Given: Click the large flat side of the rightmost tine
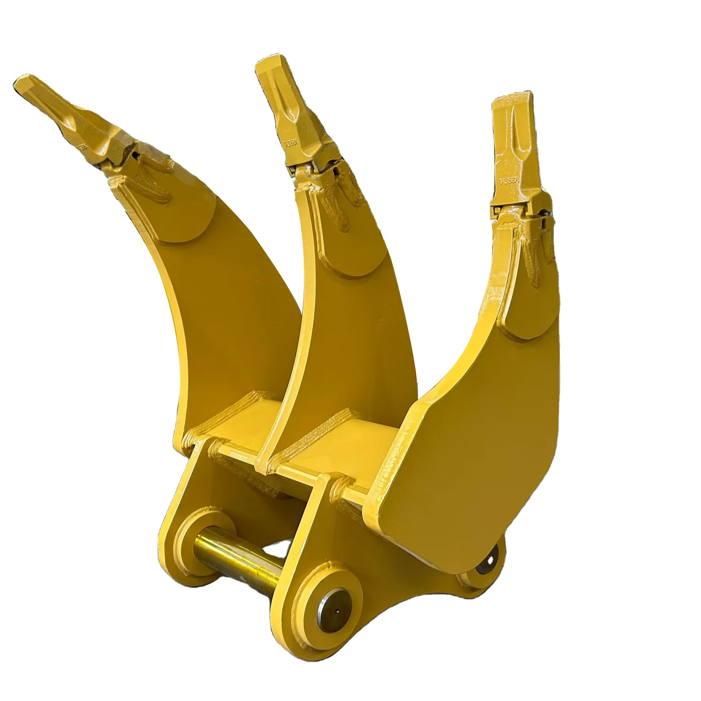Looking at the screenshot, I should (x=472, y=441).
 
